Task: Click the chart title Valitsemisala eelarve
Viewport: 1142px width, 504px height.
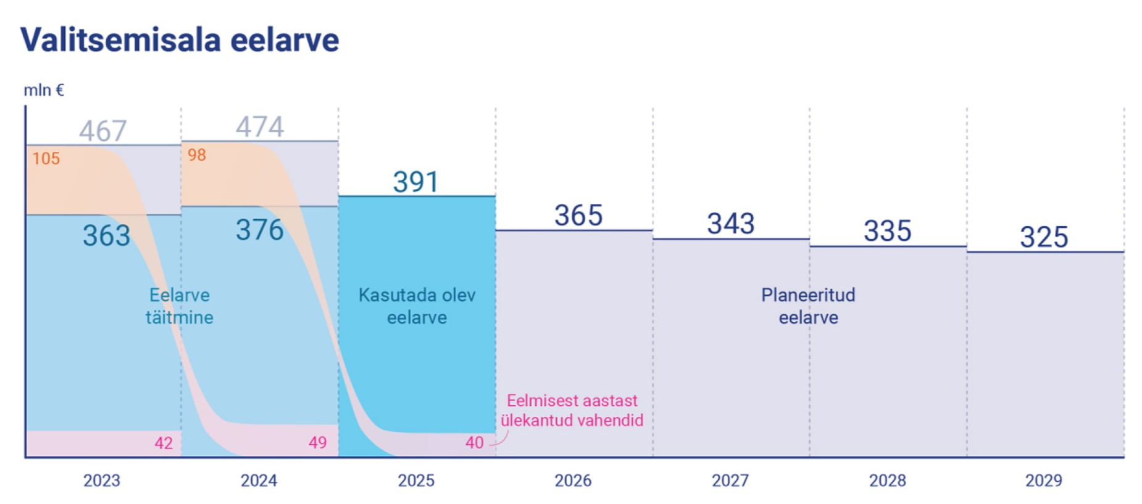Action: click(x=180, y=40)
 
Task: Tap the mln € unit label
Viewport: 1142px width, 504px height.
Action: click(x=44, y=90)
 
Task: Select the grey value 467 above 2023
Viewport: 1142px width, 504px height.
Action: click(x=102, y=131)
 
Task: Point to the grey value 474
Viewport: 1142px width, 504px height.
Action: click(x=259, y=127)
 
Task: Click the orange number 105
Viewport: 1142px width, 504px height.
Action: click(x=46, y=159)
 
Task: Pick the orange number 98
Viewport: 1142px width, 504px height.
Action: click(x=197, y=155)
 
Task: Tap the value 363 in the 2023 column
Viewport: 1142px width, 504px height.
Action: click(x=107, y=235)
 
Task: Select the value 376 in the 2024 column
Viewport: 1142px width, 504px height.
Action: click(x=259, y=230)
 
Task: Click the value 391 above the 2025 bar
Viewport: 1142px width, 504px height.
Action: click(x=416, y=182)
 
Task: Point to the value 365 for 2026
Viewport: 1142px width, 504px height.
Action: click(x=578, y=216)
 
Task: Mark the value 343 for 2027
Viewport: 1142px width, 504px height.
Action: click(x=731, y=224)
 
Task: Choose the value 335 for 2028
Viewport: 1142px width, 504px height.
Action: click(x=887, y=231)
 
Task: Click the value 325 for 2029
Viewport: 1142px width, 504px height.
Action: click(x=1044, y=237)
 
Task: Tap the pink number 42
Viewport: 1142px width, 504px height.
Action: click(x=164, y=443)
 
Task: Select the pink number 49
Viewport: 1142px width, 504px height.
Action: click(x=318, y=443)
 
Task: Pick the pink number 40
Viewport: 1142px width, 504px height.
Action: click(x=475, y=443)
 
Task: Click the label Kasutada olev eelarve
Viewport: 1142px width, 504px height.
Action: click(x=417, y=306)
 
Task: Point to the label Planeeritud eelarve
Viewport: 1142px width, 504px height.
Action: click(x=808, y=306)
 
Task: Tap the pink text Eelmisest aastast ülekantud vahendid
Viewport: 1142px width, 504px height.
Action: click(x=572, y=410)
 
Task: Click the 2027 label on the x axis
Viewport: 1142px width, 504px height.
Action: click(x=730, y=481)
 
